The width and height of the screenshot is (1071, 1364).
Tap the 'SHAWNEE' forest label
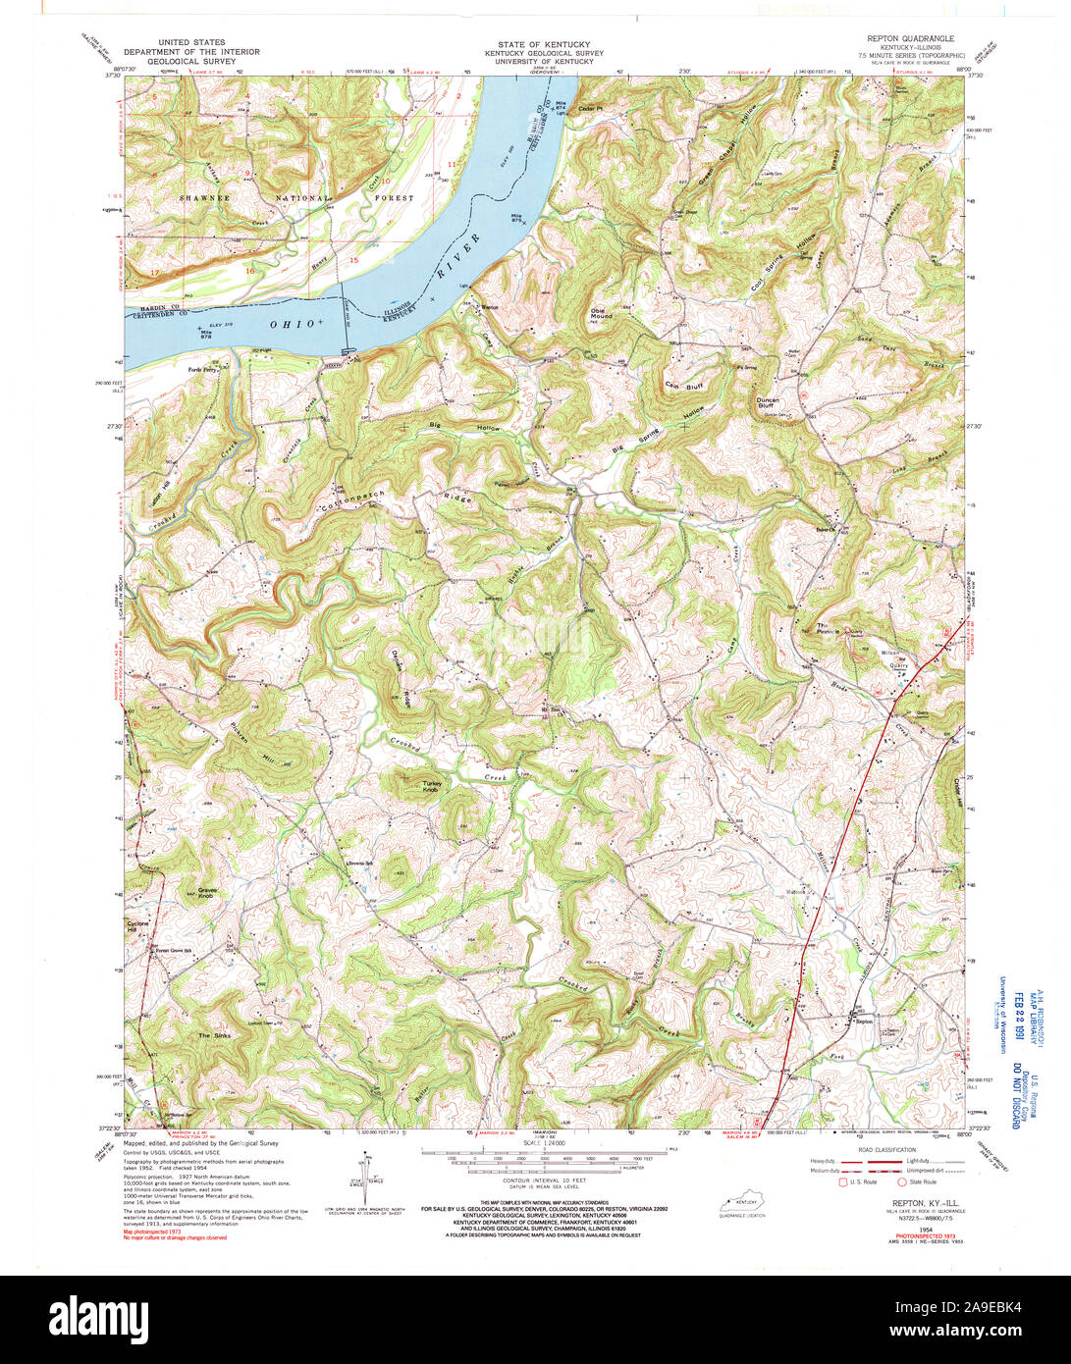(203, 197)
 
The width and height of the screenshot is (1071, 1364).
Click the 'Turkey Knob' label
(432, 786)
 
